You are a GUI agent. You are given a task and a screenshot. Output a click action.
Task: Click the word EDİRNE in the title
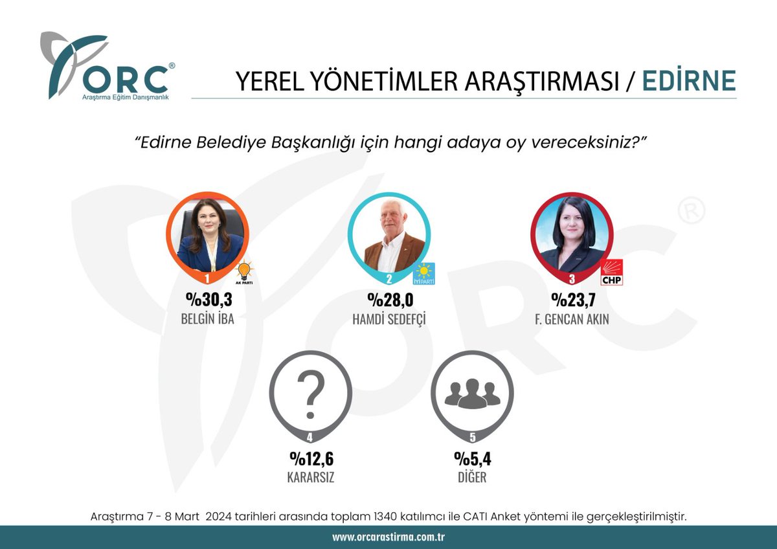pos(689,80)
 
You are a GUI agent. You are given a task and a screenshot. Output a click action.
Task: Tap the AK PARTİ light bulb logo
pos(244,273)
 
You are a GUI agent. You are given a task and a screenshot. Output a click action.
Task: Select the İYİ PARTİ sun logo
pos(424,274)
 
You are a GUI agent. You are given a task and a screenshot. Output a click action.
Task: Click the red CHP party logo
pos(611,273)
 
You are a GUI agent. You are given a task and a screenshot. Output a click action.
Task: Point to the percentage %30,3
pos(208,300)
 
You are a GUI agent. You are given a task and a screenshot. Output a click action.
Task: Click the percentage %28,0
pos(390,300)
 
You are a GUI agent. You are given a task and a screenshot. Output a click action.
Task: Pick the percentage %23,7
pos(573,300)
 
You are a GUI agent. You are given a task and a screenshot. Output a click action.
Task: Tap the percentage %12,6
pos(311,458)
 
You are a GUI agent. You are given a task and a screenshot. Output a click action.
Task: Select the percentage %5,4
pos(473,458)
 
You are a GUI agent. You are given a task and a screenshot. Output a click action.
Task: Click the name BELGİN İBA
pos(207,319)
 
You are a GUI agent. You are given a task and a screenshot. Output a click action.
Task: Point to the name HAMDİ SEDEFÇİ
pos(389,319)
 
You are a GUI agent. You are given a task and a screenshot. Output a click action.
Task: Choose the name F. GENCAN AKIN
pos(572,319)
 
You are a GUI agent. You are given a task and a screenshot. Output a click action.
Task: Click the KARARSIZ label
pos(311,478)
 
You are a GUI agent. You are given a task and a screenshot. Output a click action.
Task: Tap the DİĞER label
pos(472,477)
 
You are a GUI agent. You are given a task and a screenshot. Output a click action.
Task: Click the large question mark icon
pos(311,394)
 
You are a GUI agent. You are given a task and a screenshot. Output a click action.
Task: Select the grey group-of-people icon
pos(473,393)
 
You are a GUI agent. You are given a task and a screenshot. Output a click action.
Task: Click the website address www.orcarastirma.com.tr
pos(388,537)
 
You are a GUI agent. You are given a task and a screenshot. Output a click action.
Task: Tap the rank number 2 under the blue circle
pos(389,278)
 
